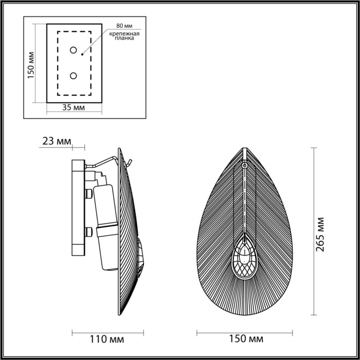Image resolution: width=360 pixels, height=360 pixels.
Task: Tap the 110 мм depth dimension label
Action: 107,339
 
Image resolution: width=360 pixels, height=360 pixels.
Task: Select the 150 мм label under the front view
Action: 245,339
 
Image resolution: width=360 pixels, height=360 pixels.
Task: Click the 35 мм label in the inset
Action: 74,107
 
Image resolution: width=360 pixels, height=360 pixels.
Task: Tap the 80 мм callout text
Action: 123,25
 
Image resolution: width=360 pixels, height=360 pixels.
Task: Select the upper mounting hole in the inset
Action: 74,50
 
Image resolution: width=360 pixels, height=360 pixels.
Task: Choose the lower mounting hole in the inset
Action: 74,76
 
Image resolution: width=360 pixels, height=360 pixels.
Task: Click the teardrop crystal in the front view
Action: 244,260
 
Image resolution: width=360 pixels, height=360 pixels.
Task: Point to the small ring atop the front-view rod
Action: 244,166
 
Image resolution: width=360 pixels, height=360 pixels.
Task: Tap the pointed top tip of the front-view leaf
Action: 244,149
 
